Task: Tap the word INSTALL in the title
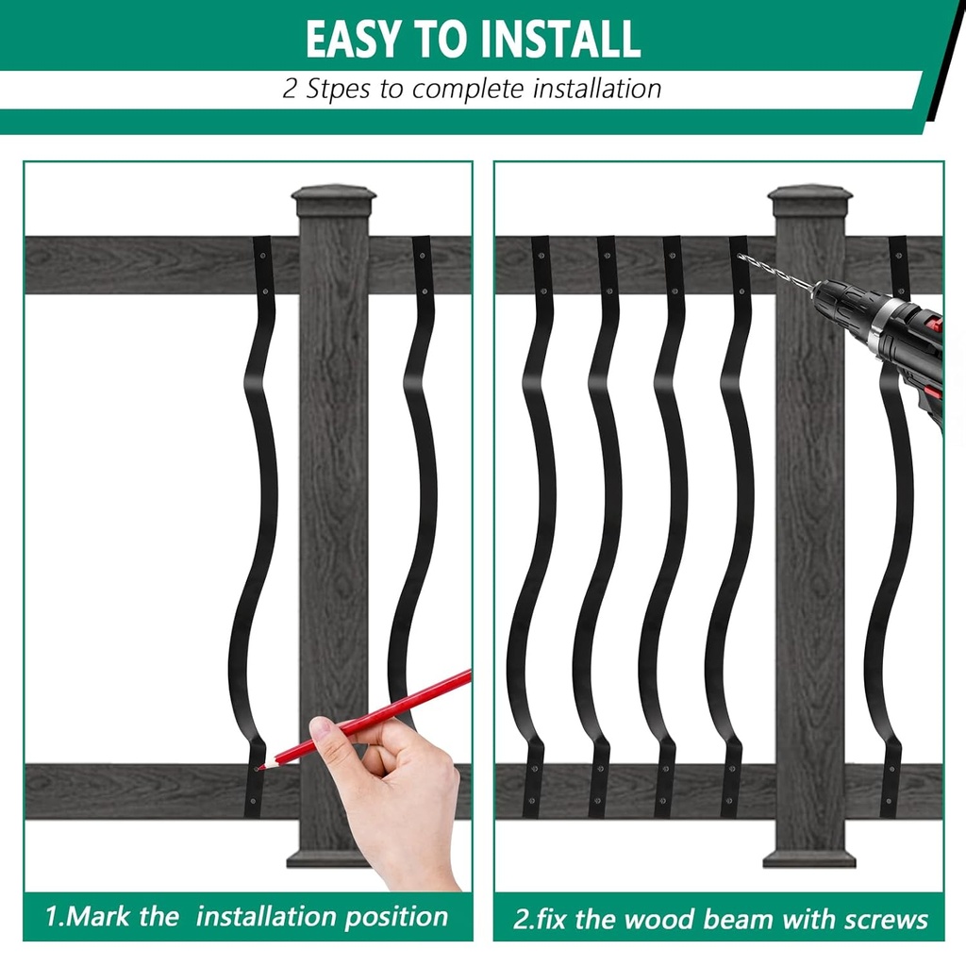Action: pyautogui.click(x=561, y=39)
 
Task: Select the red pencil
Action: pyautogui.click(x=377, y=714)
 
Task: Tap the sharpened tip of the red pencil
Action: pyautogui.click(x=259, y=767)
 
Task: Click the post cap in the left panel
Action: pyautogui.click(x=333, y=199)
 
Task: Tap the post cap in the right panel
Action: pyautogui.click(x=809, y=199)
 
